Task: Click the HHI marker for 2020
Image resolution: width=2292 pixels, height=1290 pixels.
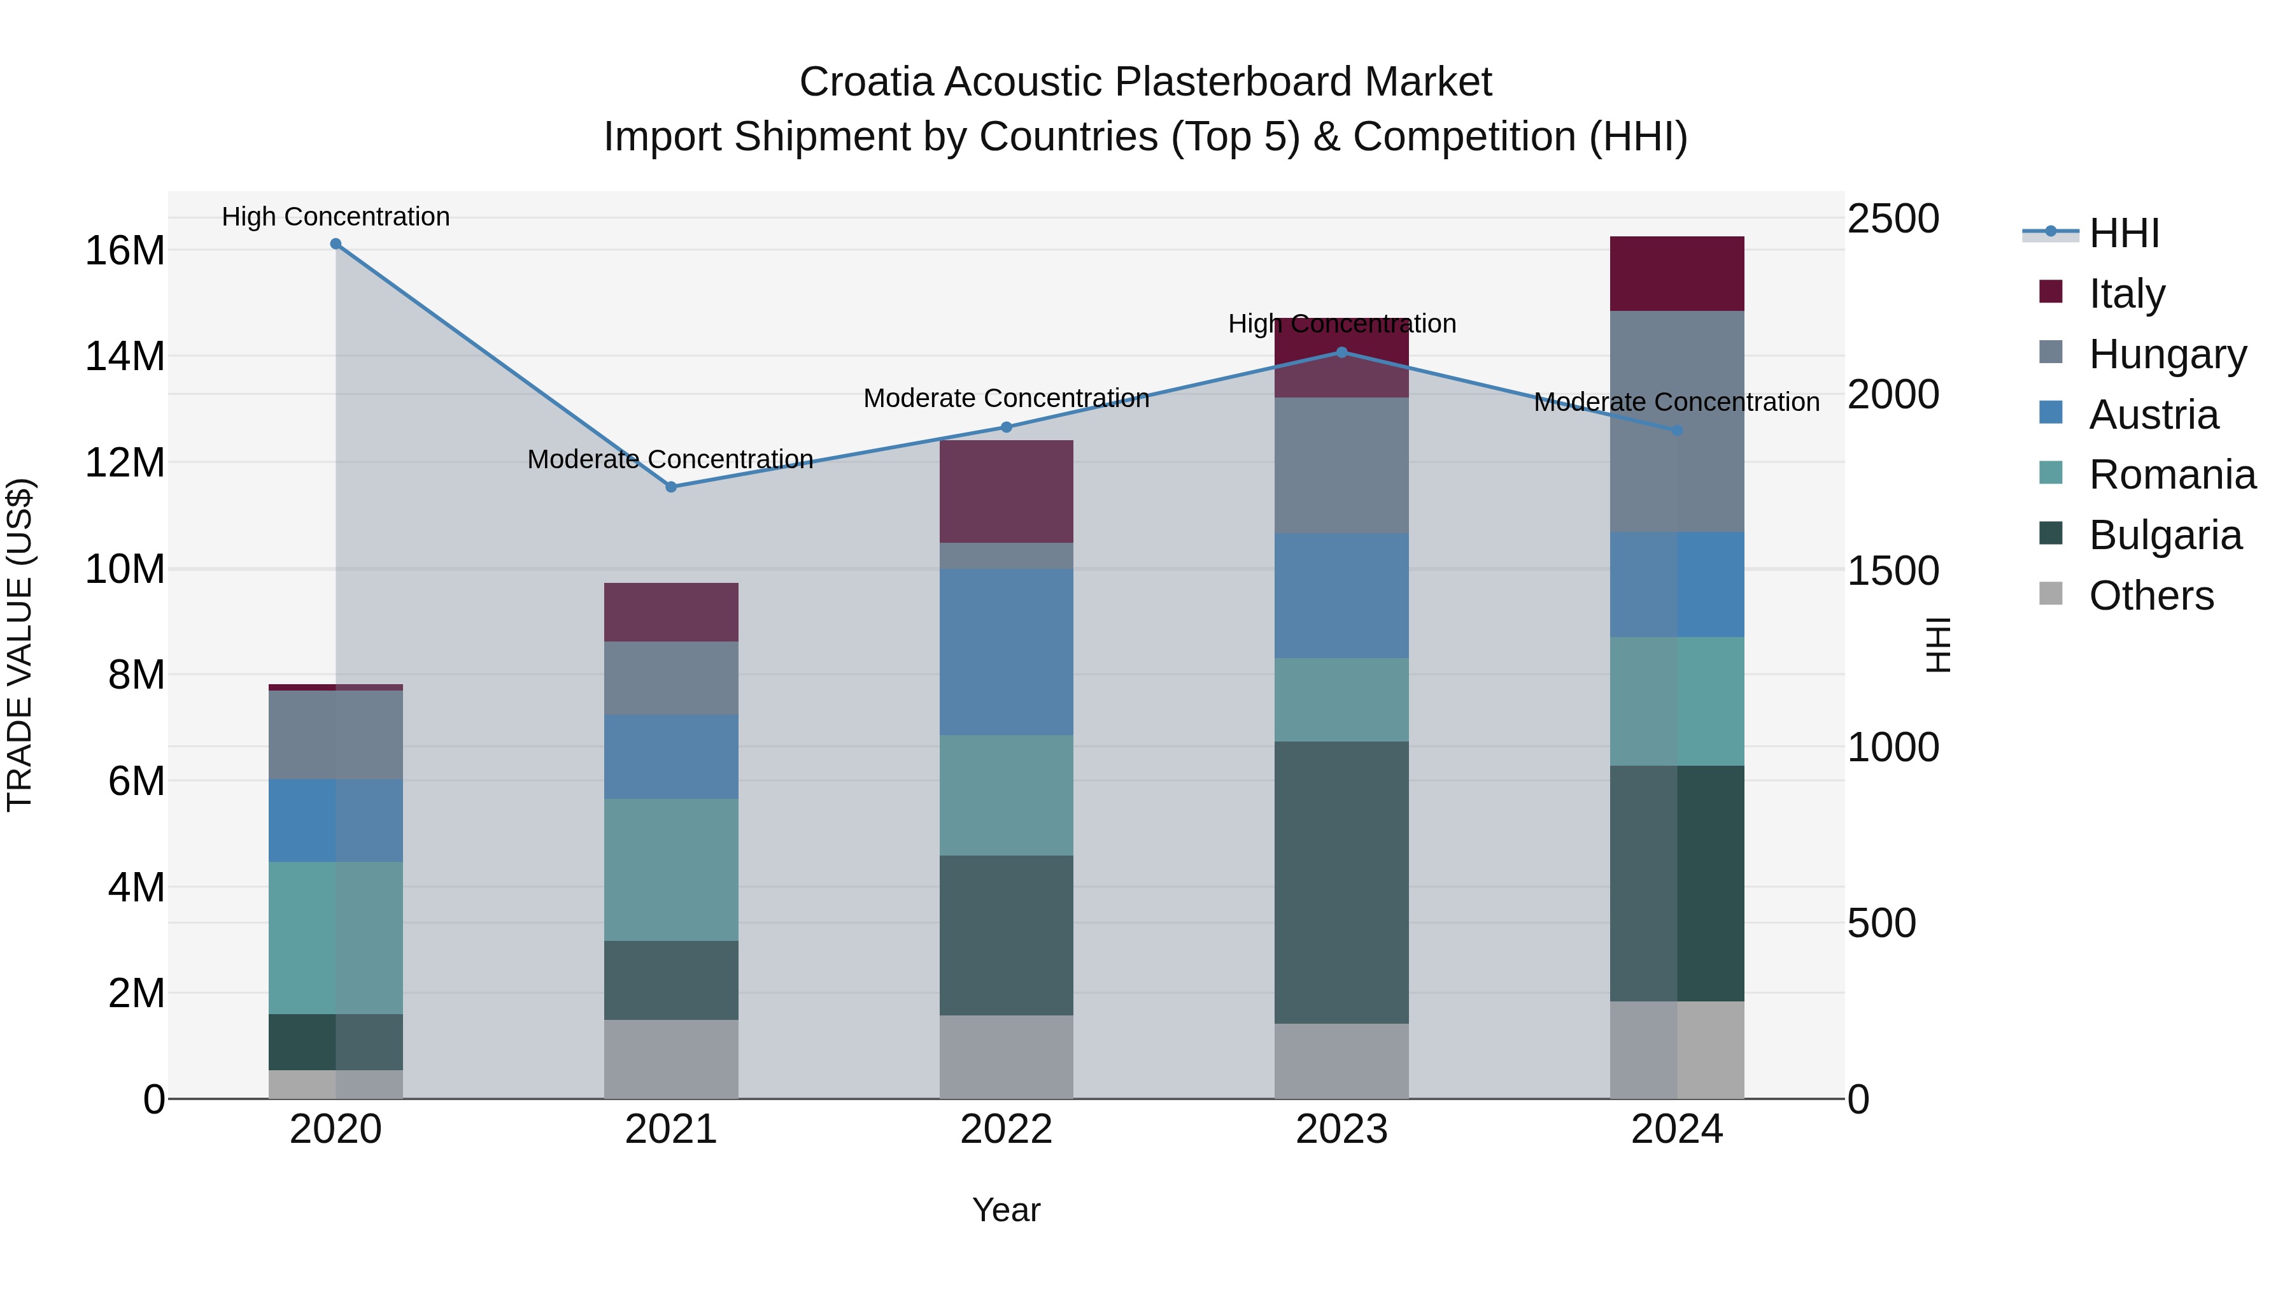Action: click(336, 244)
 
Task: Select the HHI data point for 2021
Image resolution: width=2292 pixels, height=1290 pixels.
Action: click(671, 487)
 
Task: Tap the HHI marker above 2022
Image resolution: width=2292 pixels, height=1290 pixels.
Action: click(1007, 427)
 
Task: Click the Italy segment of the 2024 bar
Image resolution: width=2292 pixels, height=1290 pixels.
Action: click(1676, 273)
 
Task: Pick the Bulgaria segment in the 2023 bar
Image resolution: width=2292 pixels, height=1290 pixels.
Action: click(1341, 882)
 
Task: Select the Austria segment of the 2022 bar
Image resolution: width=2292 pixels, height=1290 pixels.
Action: click(1007, 652)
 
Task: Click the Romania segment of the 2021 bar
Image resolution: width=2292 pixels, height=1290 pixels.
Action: click(671, 869)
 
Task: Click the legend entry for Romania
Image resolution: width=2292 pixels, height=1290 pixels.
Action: click(2171, 475)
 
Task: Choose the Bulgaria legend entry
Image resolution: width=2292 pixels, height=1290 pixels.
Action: click(2164, 535)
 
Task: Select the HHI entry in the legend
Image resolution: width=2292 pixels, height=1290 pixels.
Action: click(2123, 233)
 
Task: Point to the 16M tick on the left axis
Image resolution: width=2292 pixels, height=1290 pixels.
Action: click(125, 251)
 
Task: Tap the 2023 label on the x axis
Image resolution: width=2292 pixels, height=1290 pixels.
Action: click(1341, 1129)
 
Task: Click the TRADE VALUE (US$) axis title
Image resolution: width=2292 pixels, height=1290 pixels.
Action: click(20, 645)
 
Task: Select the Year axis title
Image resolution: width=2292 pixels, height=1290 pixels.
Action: click(1007, 1210)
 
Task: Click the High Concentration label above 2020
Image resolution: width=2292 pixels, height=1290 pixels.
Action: click(336, 217)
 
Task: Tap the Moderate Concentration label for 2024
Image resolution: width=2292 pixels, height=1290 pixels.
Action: click(1676, 403)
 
